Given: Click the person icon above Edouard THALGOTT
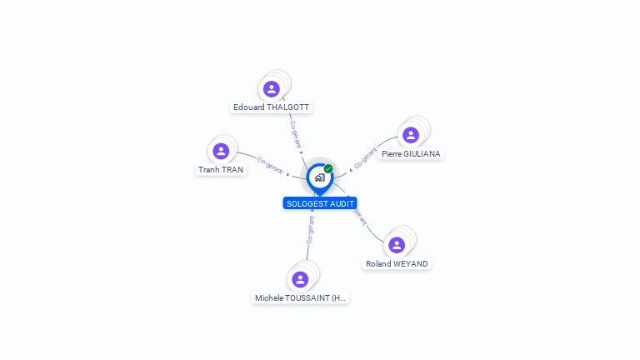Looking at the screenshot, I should (x=271, y=89).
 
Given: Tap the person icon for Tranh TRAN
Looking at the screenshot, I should (x=221, y=151).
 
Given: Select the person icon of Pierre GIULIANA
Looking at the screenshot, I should (x=410, y=135).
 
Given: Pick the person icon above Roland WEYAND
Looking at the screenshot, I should (x=397, y=245).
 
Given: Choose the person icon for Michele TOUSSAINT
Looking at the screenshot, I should (x=300, y=279).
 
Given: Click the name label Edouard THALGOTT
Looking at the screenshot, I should (x=272, y=107).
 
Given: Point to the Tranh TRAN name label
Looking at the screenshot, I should (x=221, y=169).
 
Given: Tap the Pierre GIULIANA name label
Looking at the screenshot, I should (x=411, y=153).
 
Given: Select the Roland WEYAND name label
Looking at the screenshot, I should (x=397, y=263).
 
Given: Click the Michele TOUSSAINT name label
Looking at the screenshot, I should (x=300, y=297).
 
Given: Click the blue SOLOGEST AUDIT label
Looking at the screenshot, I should (x=320, y=203).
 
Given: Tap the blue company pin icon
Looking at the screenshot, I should (x=319, y=177).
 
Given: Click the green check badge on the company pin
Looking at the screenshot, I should (x=328, y=169).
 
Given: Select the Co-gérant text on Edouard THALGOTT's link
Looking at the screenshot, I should (x=296, y=134).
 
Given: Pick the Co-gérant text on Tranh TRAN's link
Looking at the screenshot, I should (x=270, y=164).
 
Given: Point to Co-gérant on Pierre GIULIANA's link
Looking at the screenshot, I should (x=365, y=157).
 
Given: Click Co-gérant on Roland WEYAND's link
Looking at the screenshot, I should (x=359, y=215).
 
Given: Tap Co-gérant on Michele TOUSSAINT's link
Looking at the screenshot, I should (x=311, y=231).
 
